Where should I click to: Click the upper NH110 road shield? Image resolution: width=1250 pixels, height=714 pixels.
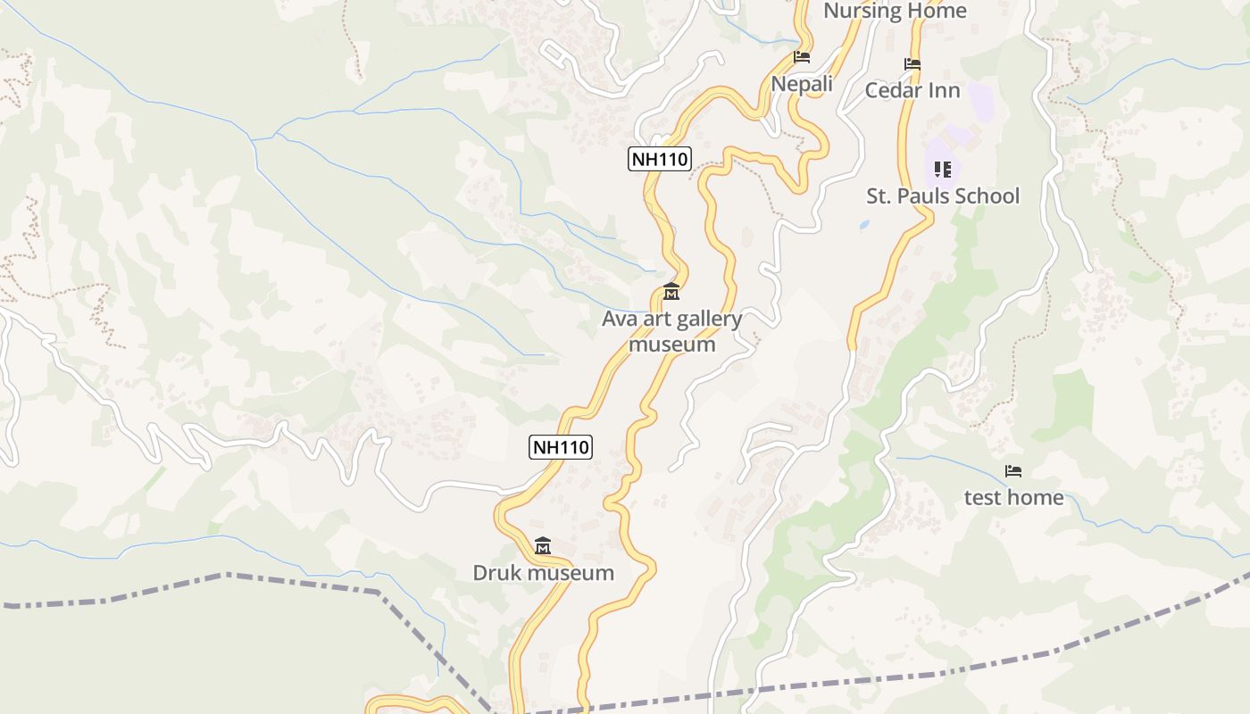tap(659, 159)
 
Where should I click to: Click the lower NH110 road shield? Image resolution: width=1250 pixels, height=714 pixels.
tap(561, 446)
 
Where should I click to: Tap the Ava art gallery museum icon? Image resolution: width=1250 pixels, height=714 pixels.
tap(671, 292)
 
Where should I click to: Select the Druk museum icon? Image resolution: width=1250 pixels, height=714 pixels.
tap(543, 545)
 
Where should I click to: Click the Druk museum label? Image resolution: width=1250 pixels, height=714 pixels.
tap(543, 573)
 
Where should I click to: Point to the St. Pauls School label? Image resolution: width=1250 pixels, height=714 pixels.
tap(943, 195)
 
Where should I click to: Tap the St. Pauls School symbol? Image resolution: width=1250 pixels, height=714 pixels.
tap(943, 169)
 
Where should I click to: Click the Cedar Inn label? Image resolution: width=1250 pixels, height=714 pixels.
tap(912, 90)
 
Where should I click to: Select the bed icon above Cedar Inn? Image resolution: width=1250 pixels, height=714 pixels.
tap(912, 64)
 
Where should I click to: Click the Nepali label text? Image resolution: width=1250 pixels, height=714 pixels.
tap(802, 84)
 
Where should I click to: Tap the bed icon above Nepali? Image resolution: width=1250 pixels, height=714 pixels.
tap(802, 57)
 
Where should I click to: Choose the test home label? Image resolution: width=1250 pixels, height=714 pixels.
tap(1013, 497)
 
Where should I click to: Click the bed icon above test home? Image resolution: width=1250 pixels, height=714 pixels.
tap(1013, 470)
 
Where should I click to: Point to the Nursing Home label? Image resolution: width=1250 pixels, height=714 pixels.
tap(895, 11)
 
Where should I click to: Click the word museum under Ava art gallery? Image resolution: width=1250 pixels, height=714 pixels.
tap(672, 344)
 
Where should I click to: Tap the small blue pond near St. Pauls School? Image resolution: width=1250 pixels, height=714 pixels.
tap(864, 226)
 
